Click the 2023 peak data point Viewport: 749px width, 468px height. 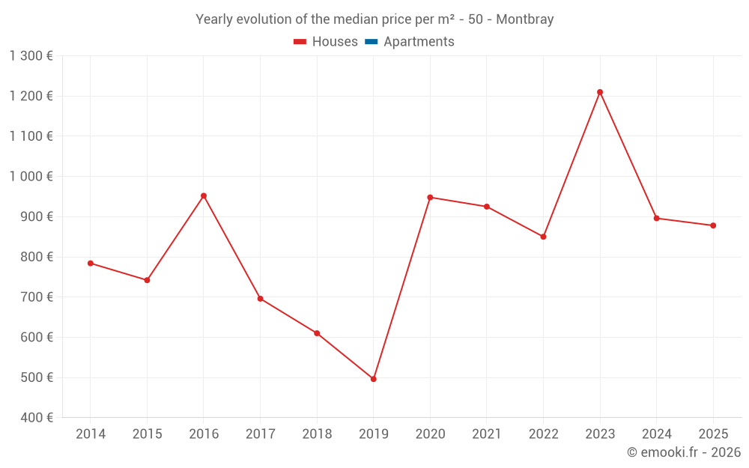point(600,92)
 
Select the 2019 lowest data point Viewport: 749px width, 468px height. point(373,379)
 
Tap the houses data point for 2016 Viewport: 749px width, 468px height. point(204,196)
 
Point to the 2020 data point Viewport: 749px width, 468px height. point(430,198)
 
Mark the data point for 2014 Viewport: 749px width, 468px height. point(91,264)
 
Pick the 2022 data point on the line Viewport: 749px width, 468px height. point(543,237)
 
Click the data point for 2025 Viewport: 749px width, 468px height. point(713,225)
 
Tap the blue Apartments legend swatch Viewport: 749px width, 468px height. point(371,42)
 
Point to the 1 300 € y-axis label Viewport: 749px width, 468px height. point(31,55)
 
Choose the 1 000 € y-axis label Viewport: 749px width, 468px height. point(31,177)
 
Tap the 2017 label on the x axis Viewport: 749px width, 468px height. point(260,434)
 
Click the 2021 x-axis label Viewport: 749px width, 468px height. point(487,434)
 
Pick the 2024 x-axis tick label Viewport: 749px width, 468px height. point(656,434)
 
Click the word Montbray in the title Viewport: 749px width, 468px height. point(525,19)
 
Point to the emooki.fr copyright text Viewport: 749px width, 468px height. point(684,452)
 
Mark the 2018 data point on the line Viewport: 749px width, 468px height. point(317,333)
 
